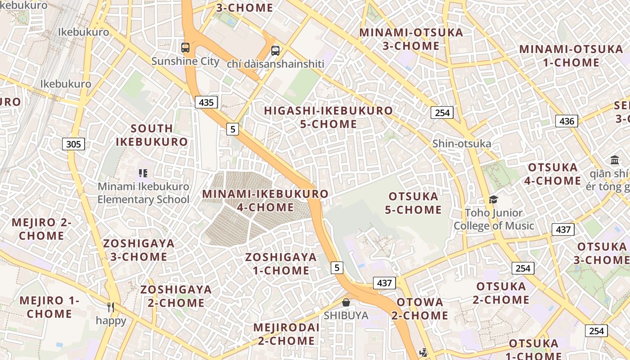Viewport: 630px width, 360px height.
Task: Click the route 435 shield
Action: pos(206,103)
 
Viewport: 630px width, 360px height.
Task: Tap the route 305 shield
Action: pos(73,144)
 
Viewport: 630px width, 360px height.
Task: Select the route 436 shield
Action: pos(567,121)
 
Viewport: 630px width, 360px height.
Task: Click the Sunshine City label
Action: pos(185,61)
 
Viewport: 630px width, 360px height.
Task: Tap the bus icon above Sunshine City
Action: pos(185,47)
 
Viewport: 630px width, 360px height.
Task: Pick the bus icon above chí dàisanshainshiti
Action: pos(275,50)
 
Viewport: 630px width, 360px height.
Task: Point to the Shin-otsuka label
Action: pos(461,144)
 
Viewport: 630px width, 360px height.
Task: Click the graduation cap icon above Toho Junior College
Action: pos(494,199)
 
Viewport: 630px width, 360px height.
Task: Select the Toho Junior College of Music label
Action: pos(494,219)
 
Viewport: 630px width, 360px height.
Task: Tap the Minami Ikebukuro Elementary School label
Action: pos(144,193)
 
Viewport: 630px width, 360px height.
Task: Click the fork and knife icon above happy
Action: pos(111,307)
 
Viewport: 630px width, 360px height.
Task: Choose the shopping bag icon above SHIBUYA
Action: pos(346,302)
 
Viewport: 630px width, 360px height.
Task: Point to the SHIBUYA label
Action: pos(346,315)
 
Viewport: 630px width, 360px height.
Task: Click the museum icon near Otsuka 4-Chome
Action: pos(614,160)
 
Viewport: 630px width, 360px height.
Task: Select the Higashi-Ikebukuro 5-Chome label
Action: pos(328,117)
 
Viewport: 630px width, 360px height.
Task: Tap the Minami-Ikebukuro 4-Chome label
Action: pos(265,201)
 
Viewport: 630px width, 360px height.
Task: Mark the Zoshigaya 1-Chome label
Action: pos(281,264)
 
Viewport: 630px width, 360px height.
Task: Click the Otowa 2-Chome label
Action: pos(419,309)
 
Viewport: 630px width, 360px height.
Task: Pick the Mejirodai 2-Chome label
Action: pos(286,334)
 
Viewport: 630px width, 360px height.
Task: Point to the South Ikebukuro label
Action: pos(152,135)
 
